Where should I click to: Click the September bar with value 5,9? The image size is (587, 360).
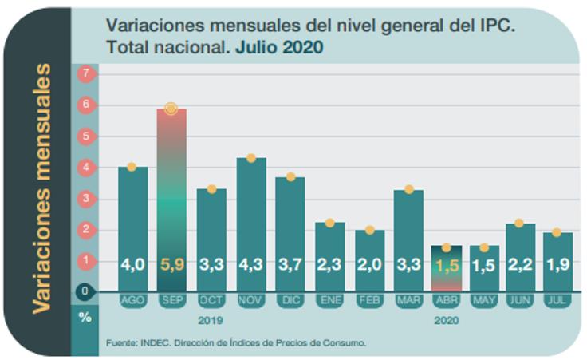pos(171,200)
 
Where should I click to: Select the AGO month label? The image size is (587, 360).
pos(132,300)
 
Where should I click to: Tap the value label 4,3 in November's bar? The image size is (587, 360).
pos(251,263)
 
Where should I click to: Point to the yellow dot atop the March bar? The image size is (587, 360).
pos(408,189)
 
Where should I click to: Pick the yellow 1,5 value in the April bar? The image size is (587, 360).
pos(447,264)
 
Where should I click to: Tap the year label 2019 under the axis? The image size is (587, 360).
pos(211,320)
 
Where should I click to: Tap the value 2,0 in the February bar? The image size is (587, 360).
pos(369,263)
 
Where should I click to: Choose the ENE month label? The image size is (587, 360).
pos(329,300)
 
